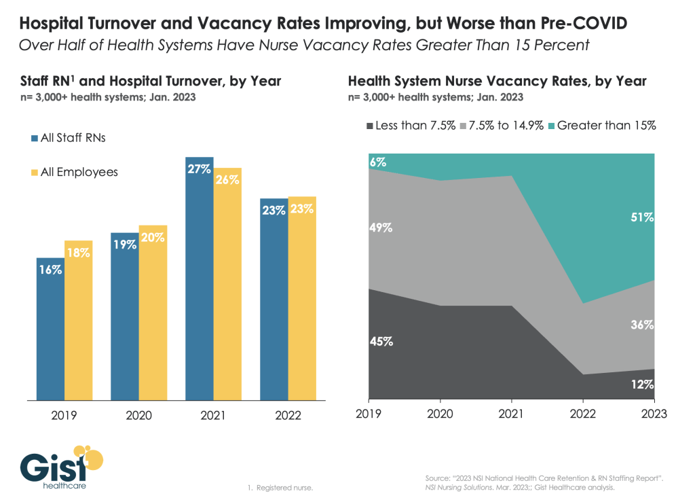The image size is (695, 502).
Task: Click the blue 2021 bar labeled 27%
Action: [x=200, y=278]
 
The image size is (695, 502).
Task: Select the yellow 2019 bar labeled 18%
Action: [x=78, y=320]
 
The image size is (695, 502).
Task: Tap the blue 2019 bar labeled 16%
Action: [x=50, y=329]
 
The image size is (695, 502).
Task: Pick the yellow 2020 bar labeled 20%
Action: [x=153, y=312]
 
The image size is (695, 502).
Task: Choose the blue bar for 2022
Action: [x=274, y=298]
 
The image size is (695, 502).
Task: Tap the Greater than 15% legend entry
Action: [x=601, y=126]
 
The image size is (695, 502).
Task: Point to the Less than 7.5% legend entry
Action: [x=411, y=126]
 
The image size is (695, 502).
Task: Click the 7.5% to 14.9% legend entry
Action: [x=505, y=126]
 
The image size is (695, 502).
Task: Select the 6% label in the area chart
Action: [x=378, y=162]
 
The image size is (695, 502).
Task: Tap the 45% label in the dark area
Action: [x=381, y=342]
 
